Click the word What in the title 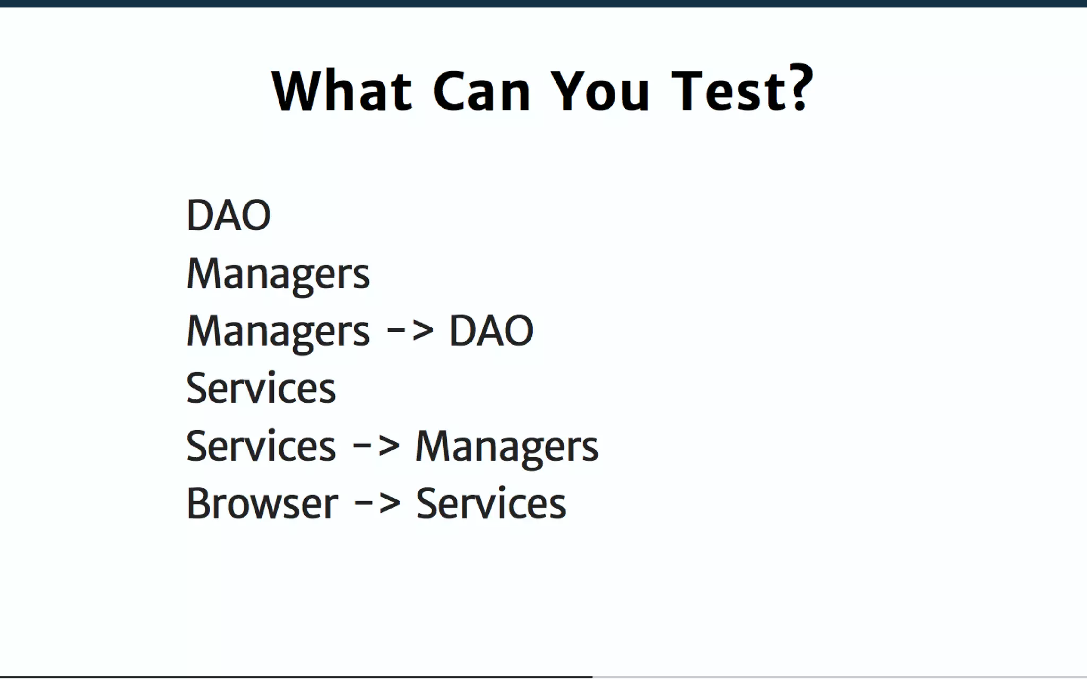342,91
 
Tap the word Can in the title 482,91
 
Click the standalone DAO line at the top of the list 229,215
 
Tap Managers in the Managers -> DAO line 278,332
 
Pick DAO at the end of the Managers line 491,330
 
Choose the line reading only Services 261,388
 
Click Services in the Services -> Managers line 261,446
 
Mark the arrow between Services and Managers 376,445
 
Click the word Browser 262,503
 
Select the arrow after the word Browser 377,502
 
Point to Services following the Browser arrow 491,503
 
